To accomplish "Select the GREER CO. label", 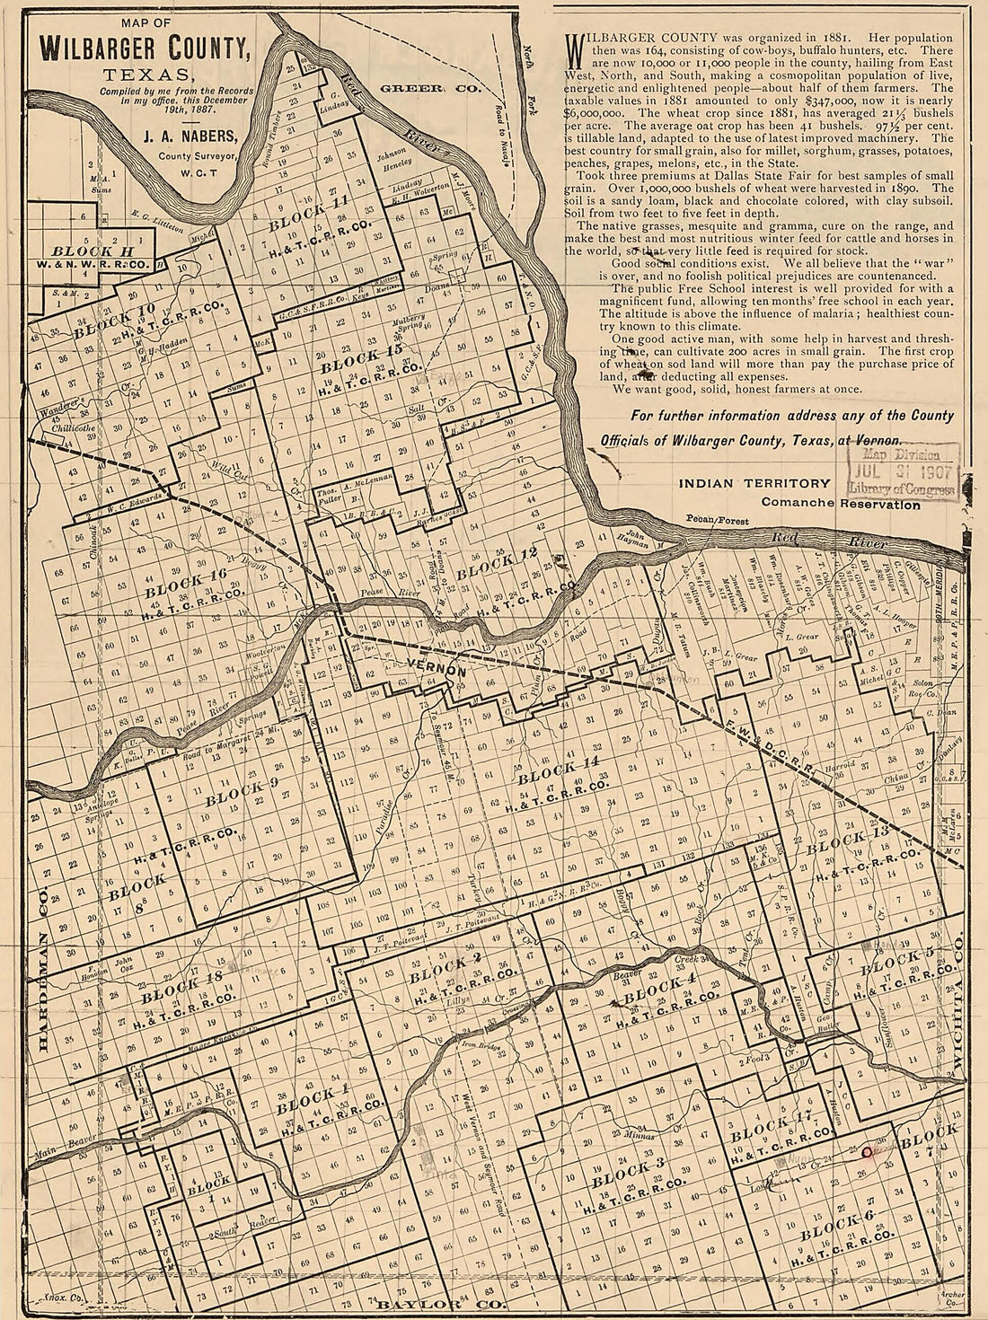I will click(x=430, y=89).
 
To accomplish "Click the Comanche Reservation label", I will click(x=840, y=504).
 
